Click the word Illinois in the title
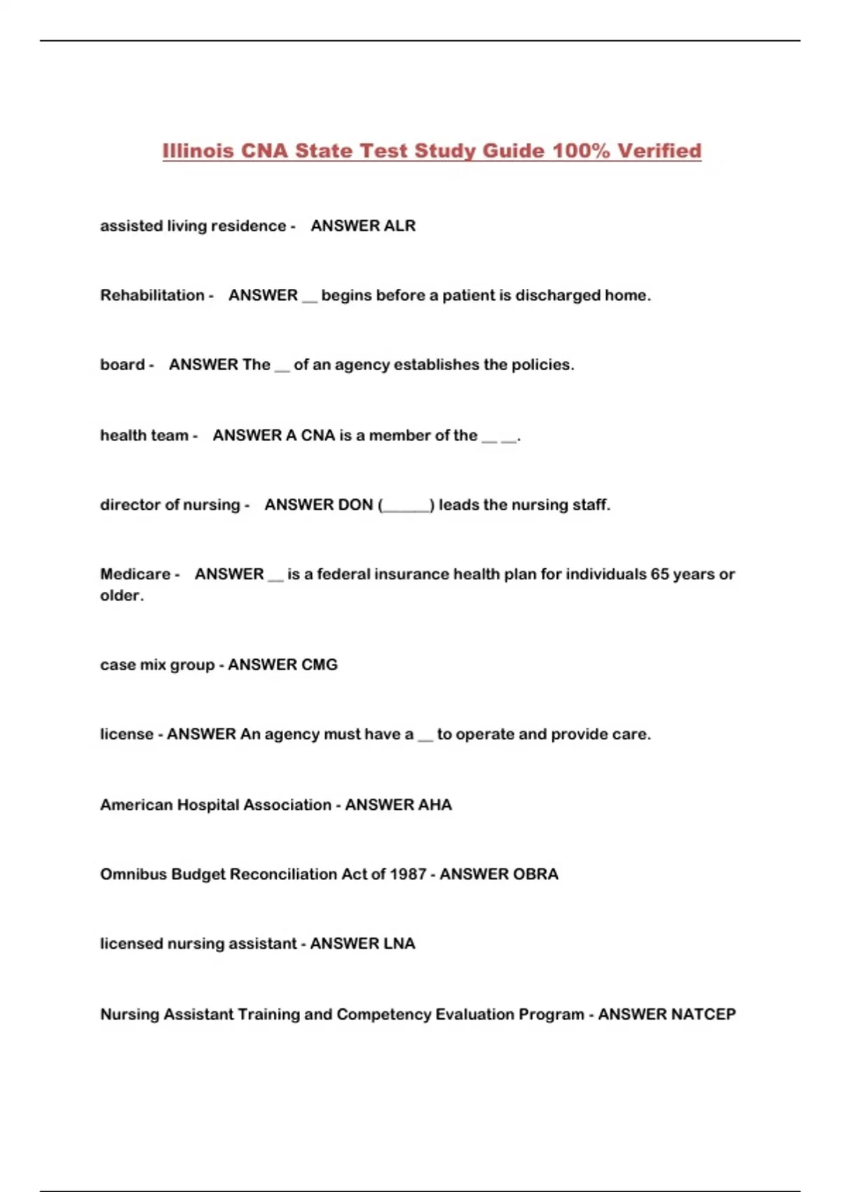198,151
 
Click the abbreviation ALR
399,226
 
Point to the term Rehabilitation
152,295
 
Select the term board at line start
123,365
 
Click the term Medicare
135,574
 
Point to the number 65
659,574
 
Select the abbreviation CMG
320,665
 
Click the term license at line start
126,734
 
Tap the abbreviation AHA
435,805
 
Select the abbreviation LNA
398,944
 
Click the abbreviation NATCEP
703,1015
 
